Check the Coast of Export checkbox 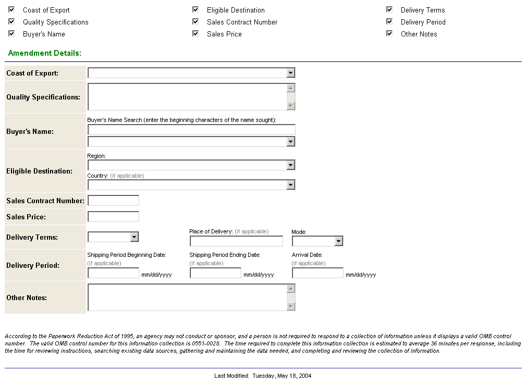11,9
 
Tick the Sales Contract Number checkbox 195,21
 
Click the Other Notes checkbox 389,33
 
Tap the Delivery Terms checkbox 389,9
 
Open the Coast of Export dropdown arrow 291,73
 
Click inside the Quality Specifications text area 187,97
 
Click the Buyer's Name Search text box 191,130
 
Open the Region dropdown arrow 291,165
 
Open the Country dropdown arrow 291,185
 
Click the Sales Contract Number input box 114,201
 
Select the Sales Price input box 114,217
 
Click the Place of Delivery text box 236,241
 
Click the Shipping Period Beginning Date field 114,273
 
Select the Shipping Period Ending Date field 216,273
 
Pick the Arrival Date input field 318,273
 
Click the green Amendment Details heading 45,53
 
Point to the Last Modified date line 263,376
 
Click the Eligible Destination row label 39,171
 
